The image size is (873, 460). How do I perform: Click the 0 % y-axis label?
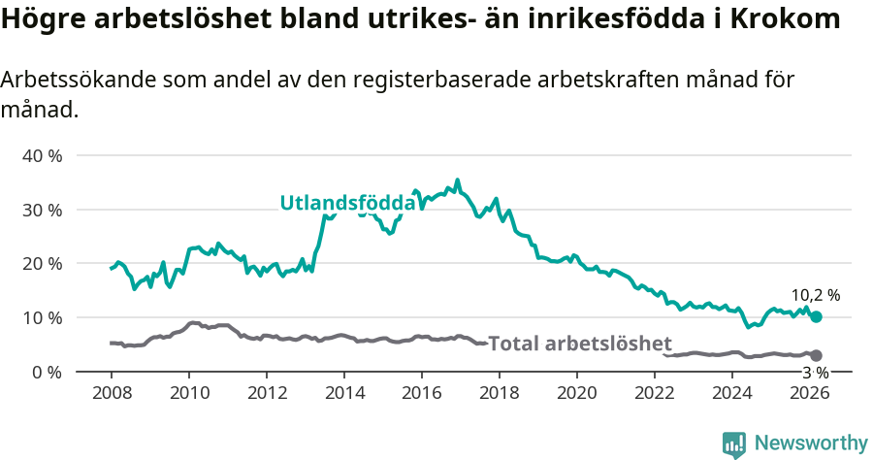click(x=47, y=372)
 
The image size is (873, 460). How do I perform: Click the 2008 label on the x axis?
click(x=112, y=393)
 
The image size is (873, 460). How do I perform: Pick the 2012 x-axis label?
click(x=267, y=393)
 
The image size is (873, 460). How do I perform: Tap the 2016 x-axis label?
click(x=422, y=393)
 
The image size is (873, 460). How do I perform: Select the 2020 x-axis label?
click(x=577, y=393)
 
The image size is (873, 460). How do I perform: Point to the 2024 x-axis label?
click(x=732, y=393)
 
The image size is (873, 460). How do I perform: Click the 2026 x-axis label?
click(x=810, y=393)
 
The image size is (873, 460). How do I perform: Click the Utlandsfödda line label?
click(x=347, y=203)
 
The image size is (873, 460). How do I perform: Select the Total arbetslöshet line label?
click(x=580, y=344)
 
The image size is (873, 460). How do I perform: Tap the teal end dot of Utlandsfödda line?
click(x=816, y=316)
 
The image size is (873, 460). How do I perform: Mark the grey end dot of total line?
click(x=816, y=355)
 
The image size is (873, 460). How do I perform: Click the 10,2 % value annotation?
click(x=815, y=295)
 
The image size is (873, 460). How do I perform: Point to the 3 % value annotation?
click(x=815, y=373)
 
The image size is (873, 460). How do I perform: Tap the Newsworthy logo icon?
click(x=734, y=444)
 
